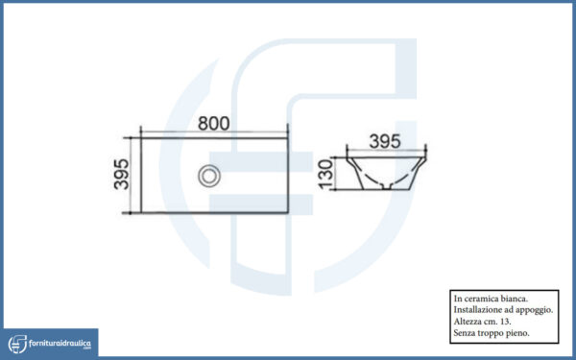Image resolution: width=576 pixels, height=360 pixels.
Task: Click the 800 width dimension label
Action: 213,124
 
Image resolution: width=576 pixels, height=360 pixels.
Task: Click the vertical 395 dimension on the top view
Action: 121,174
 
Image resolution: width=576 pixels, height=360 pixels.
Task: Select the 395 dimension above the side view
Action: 385,141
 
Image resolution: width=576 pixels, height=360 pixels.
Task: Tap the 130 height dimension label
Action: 325,174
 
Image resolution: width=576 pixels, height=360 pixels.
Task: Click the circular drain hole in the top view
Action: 209,176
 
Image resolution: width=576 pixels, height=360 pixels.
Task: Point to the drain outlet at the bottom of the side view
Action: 386,186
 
